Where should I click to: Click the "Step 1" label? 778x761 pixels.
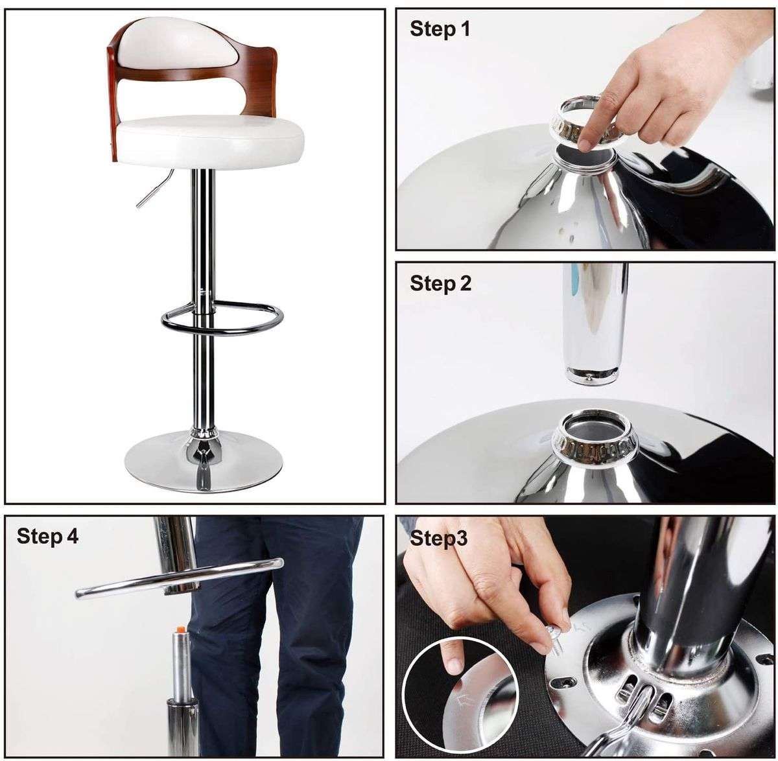click(x=440, y=29)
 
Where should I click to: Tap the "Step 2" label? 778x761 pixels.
click(x=440, y=283)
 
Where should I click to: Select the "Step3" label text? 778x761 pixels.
click(x=438, y=538)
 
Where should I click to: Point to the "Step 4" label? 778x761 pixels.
click(x=47, y=536)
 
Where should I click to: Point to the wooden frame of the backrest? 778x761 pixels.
click(x=114, y=97)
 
